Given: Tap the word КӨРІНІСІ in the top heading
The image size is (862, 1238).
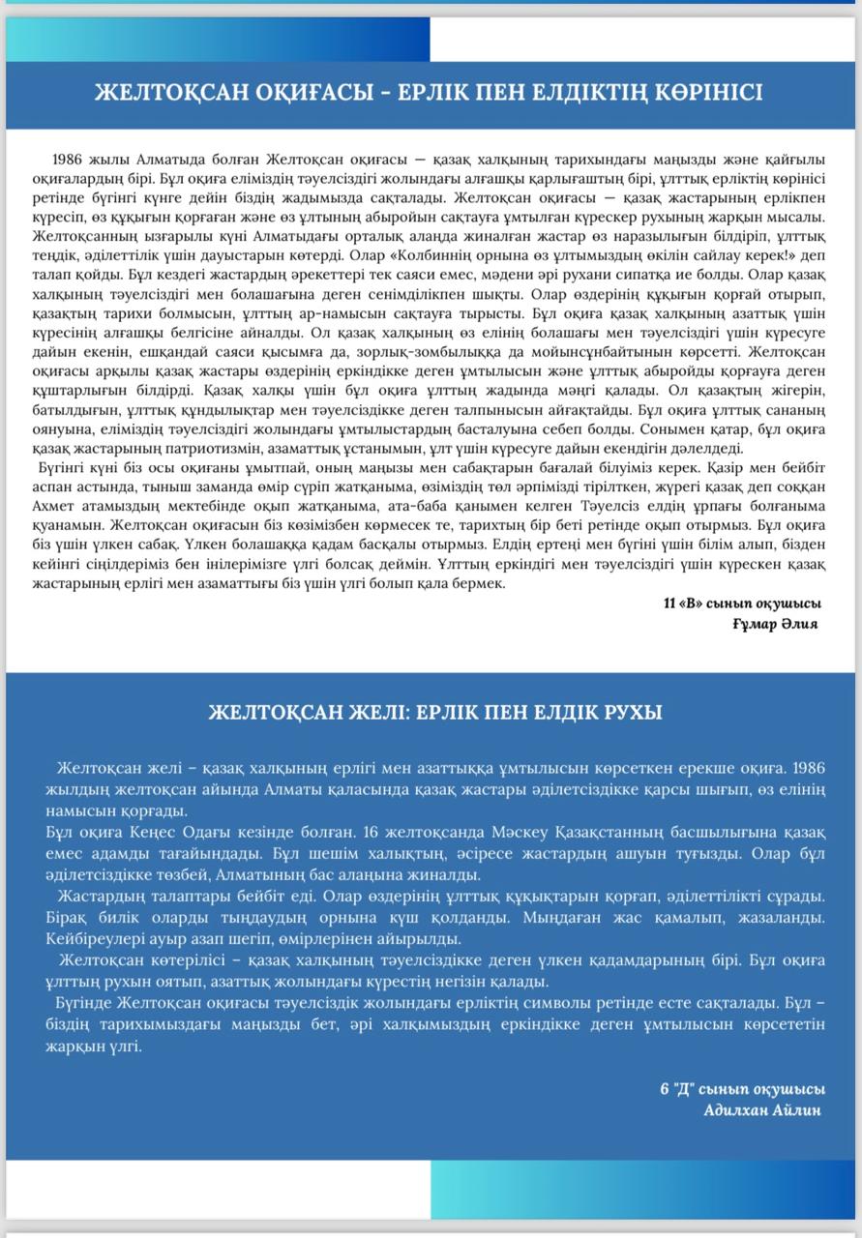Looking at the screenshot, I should coord(699,92).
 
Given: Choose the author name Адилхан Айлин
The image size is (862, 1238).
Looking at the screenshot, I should coord(762,1110).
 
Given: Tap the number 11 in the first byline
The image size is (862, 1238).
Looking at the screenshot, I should coord(669,604).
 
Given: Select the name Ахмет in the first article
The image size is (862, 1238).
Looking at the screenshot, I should coord(58,508).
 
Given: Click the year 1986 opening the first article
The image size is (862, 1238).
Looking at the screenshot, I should coord(73,159).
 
